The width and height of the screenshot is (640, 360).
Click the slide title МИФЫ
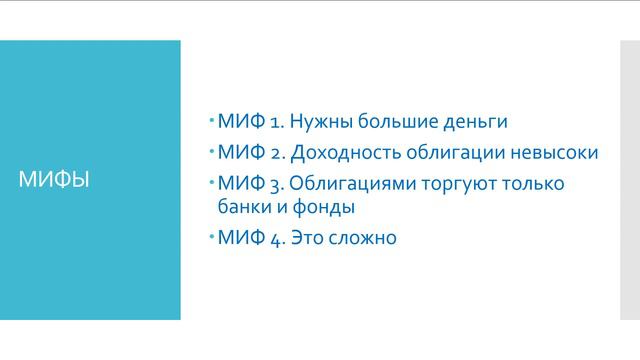[x=55, y=181]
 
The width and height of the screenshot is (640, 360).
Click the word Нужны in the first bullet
[x=321, y=122]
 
